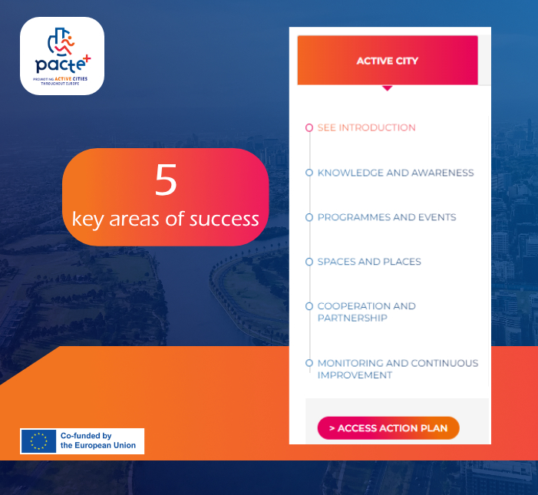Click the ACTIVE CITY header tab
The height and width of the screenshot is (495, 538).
388,61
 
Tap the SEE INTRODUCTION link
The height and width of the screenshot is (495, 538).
366,127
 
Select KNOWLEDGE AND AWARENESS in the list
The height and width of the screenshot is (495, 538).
395,173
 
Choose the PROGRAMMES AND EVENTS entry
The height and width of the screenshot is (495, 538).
387,217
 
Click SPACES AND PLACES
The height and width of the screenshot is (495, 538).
369,262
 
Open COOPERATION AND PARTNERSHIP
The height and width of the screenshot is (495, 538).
366,312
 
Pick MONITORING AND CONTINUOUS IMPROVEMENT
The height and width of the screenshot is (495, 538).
398,369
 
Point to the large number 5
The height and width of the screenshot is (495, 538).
166,179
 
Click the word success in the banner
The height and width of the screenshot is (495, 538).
224,219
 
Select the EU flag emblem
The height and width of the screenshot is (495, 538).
38,441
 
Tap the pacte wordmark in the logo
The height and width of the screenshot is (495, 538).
60,64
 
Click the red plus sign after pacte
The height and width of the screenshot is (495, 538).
87,58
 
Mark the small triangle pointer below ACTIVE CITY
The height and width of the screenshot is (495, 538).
388,87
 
